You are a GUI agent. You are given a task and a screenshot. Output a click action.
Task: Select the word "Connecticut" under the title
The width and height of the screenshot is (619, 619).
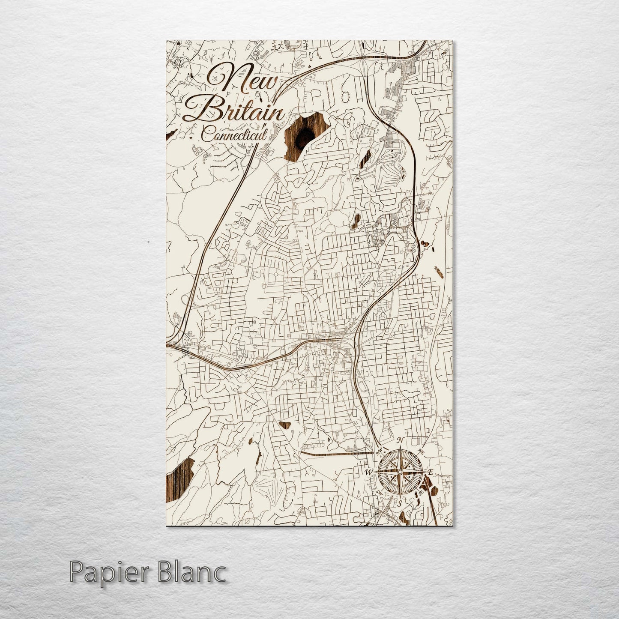(234, 136)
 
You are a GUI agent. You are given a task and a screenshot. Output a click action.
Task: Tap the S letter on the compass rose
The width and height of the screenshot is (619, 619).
(400, 504)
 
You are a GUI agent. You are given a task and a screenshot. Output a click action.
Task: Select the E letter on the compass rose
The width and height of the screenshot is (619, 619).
(431, 472)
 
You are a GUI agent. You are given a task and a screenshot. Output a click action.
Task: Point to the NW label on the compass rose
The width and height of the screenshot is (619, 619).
(378, 452)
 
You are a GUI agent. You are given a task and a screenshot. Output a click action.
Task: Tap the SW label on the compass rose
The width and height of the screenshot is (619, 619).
(378, 493)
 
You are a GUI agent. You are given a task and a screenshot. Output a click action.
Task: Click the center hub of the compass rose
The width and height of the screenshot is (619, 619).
(399, 472)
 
